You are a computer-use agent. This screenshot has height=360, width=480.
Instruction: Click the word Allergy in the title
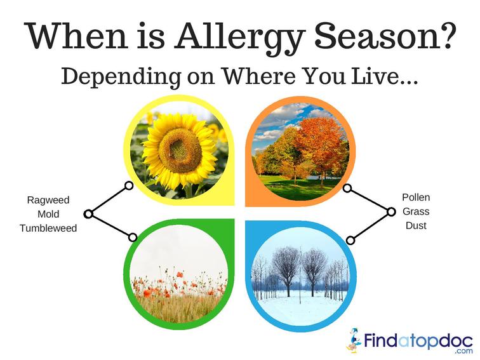(x=240, y=38)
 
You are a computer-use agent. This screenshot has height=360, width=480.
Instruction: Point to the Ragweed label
(x=48, y=200)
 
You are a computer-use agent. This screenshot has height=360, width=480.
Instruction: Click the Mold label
(x=48, y=214)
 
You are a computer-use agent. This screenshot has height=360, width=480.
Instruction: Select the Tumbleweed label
(x=48, y=228)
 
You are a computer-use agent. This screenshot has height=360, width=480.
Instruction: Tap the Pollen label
(x=416, y=197)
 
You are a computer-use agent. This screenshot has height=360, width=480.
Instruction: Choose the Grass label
(x=416, y=211)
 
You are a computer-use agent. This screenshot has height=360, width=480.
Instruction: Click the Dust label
(x=416, y=225)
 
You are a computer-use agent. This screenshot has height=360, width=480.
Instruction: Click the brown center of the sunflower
(x=180, y=151)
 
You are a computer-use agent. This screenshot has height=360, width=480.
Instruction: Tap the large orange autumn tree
(x=318, y=144)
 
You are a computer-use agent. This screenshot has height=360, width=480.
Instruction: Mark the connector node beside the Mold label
(x=88, y=214)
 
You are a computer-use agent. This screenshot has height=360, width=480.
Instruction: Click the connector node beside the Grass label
(x=391, y=211)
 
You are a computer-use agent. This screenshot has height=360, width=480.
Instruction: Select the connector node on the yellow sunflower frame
(x=129, y=185)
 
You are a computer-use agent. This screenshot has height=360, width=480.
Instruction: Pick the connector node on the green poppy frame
(x=133, y=237)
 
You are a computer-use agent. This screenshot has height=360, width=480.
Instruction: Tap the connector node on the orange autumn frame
(x=347, y=189)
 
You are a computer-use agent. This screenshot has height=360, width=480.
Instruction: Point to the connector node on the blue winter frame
(x=350, y=240)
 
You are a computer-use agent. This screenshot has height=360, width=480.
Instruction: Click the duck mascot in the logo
(x=354, y=340)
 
